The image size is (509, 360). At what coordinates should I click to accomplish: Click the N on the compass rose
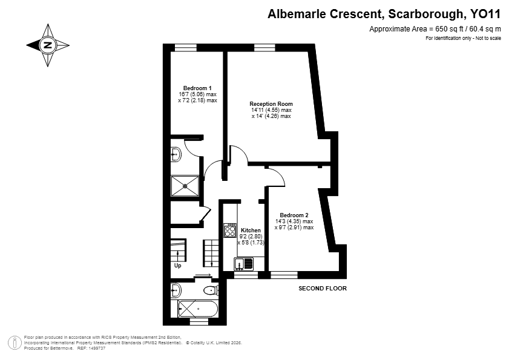tap(48, 45)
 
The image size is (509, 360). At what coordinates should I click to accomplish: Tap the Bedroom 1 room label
tap(197, 88)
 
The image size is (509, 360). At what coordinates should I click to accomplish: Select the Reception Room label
tap(271, 104)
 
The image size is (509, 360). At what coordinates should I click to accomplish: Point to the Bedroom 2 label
tap(294, 215)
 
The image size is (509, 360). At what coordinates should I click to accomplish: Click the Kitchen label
tap(251, 231)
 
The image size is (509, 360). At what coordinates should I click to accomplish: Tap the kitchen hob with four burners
tap(230, 230)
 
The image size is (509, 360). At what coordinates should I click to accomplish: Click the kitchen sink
tap(243, 264)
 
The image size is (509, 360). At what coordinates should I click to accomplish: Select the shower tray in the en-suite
tap(185, 186)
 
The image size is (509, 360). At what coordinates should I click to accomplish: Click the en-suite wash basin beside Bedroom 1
tap(176, 154)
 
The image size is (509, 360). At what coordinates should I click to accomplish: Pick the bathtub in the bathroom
tap(197, 309)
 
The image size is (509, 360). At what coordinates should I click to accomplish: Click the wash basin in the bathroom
tap(176, 290)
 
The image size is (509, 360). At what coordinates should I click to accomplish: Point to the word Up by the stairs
tap(177, 266)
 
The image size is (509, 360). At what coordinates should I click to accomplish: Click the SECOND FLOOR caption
tap(323, 288)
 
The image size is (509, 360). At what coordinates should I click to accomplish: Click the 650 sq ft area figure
tap(448, 29)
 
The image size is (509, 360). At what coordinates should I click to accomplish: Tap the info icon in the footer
tap(15, 343)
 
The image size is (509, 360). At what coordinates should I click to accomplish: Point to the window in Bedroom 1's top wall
tap(186, 48)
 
